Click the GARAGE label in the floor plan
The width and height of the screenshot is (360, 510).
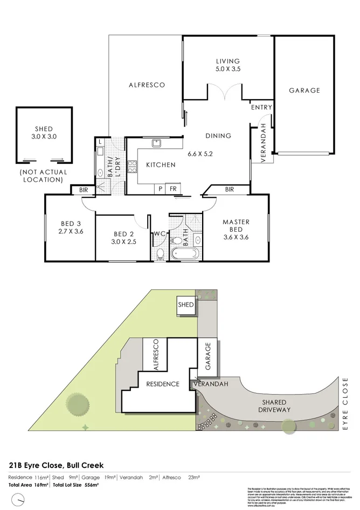304,91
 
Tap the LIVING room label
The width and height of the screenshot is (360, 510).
228,61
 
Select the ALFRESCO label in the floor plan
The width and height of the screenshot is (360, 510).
146,85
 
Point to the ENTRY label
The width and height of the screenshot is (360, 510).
261,107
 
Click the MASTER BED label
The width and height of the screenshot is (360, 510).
236,225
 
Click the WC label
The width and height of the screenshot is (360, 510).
158,233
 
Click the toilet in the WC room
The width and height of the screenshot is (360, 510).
159,253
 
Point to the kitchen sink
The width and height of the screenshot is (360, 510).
157,143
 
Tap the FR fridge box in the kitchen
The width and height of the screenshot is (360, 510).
173,189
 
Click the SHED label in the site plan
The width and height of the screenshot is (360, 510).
185,305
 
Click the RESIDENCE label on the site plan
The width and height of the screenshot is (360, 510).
163,384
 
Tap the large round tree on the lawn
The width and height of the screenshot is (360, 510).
77,404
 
